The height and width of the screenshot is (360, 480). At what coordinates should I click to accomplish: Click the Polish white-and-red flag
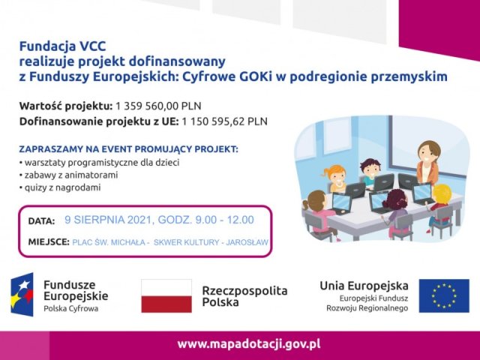click(166, 295)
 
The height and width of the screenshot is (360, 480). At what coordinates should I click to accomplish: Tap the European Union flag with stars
click(444, 295)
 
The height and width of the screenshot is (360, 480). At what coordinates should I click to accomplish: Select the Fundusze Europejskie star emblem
click(22, 295)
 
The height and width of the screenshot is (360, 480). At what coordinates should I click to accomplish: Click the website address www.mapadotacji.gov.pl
click(249, 344)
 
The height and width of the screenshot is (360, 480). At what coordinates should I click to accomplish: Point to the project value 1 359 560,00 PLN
click(158, 106)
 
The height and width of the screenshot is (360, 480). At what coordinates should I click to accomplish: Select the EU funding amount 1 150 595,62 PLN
click(224, 121)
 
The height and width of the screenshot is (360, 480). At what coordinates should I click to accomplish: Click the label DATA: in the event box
click(42, 221)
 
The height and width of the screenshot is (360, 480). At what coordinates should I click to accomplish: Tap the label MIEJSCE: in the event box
click(49, 241)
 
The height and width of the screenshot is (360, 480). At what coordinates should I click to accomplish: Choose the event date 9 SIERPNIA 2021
click(108, 220)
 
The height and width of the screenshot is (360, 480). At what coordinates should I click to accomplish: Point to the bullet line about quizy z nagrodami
click(60, 187)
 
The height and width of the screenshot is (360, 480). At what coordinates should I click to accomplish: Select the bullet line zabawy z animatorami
click(68, 175)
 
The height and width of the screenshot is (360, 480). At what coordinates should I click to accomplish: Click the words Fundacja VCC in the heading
click(63, 46)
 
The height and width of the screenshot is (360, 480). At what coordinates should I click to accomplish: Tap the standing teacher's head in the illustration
click(429, 151)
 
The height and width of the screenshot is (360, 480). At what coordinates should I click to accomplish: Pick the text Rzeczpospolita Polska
click(245, 296)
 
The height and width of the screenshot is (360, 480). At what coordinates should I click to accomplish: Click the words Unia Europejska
click(364, 286)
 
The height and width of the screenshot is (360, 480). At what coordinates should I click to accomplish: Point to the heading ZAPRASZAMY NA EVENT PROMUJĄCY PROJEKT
click(128, 149)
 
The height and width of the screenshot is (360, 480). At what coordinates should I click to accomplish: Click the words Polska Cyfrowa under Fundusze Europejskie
click(71, 308)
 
